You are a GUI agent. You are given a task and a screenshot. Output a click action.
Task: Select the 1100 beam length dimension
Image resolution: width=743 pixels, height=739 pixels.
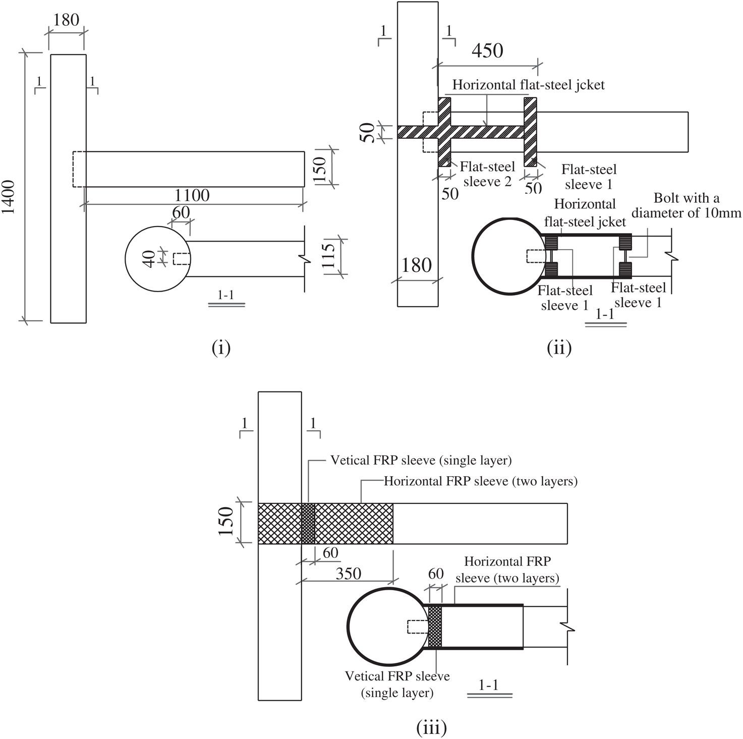[192, 195]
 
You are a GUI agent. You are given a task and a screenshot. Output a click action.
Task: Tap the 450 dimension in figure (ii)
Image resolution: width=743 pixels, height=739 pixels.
[487, 50]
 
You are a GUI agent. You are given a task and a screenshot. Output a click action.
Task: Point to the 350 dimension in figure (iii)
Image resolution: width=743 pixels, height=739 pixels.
[348, 574]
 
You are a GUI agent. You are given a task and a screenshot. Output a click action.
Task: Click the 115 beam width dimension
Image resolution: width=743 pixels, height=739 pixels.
[328, 257]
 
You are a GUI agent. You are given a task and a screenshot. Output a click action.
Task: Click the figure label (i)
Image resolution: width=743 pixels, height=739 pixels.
[221, 348]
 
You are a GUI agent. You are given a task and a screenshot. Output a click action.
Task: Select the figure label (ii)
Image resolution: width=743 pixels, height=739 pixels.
[559, 348]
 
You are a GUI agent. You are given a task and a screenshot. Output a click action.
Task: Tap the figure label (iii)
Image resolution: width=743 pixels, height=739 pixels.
[432, 728]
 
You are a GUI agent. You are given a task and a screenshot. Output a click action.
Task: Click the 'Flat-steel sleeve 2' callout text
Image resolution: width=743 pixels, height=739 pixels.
[487, 174]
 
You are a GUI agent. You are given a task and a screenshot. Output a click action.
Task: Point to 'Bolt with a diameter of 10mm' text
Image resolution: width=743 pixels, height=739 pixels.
[687, 205]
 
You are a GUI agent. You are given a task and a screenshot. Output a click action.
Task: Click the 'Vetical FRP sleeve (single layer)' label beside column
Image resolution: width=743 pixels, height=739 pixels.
[421, 460]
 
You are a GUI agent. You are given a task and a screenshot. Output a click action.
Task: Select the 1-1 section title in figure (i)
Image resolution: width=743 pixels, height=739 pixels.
[225, 296]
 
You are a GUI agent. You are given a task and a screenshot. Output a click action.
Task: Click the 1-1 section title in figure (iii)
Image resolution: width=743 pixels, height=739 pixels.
[488, 685]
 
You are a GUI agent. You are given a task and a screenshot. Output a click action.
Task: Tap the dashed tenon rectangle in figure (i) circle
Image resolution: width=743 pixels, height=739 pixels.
[181, 259]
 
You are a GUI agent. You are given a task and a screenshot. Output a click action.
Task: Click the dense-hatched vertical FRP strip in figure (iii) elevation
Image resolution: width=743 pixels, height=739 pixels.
[308, 523]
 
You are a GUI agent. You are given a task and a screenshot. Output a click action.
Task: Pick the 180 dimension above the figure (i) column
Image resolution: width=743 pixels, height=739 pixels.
[66, 20]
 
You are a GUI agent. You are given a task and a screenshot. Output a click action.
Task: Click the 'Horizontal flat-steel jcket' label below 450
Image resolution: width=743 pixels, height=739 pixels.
[528, 85]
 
